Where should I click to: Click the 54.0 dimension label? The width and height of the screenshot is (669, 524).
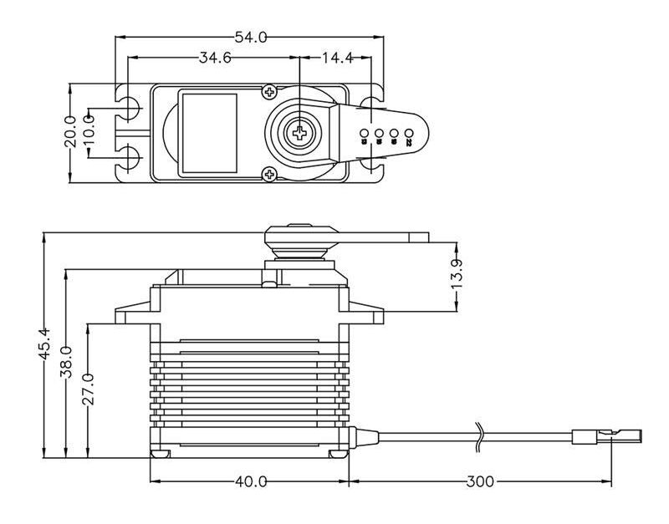point(249,37)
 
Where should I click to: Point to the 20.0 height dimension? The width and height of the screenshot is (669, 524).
point(70,132)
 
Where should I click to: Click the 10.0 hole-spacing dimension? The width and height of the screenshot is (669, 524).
point(89,131)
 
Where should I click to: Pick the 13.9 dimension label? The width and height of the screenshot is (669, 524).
point(457,275)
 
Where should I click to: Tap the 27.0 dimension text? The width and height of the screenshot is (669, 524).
point(88,389)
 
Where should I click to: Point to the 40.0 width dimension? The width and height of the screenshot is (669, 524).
point(250,482)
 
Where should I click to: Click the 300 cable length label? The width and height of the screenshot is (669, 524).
point(480,482)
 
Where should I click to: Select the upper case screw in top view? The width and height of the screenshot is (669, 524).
point(268,91)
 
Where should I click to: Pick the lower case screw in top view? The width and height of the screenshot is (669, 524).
point(268,174)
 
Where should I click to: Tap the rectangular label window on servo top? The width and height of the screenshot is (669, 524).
point(209,132)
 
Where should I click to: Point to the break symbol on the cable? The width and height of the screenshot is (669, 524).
point(479,435)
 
